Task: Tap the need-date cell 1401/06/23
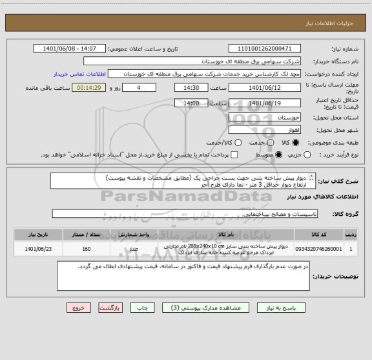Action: [x=38, y=248]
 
